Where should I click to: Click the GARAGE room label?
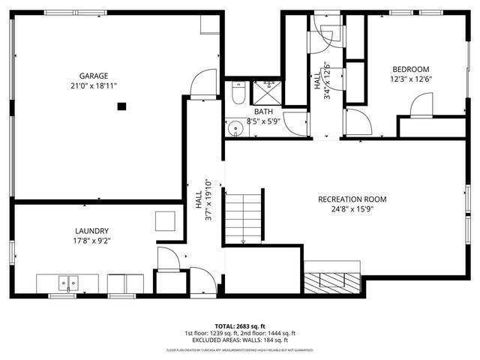click(x=94, y=76)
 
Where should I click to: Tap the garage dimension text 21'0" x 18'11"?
click(x=94, y=86)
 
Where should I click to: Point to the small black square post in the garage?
click(x=120, y=106)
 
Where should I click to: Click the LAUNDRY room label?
click(x=92, y=231)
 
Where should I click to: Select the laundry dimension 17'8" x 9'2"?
click(x=92, y=241)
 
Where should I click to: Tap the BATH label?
click(x=242, y=111)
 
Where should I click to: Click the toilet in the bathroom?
click(x=238, y=93)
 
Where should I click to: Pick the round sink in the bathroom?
click(x=235, y=128)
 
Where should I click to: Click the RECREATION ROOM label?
click(x=352, y=199)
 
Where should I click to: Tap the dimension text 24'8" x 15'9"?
click(x=352, y=209)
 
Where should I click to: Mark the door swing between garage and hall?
click(x=201, y=85)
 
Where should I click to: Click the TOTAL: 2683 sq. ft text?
click(x=239, y=325)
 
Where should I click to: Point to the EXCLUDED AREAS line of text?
click(x=239, y=340)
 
